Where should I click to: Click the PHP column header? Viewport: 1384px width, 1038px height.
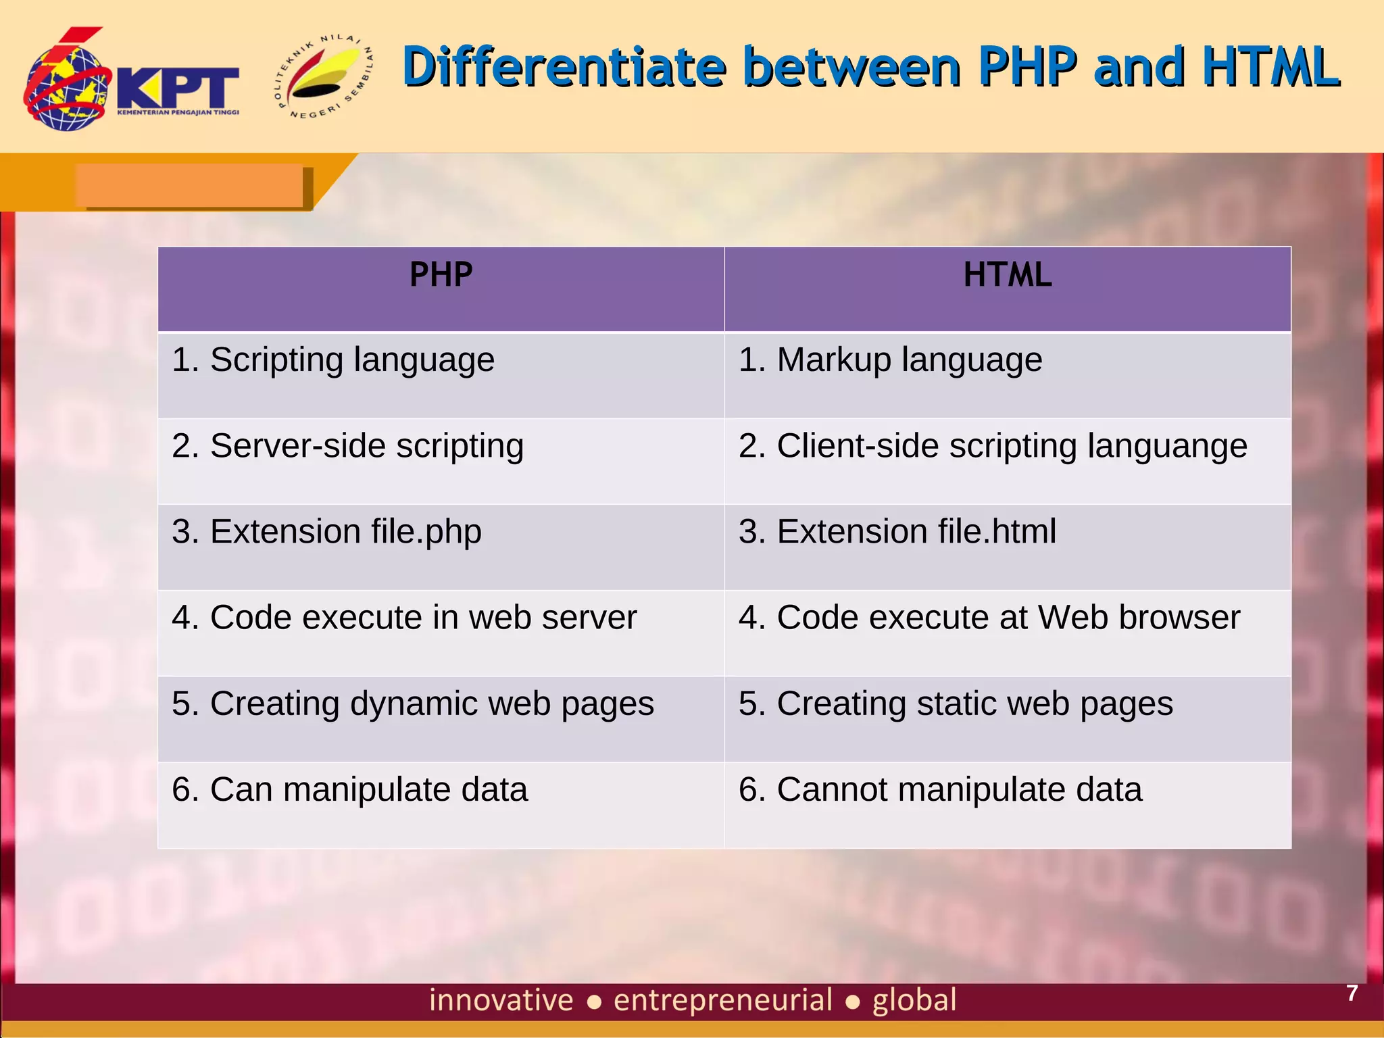441,275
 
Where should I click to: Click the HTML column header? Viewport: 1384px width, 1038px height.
1007,275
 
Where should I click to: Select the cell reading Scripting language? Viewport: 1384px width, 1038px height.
332,360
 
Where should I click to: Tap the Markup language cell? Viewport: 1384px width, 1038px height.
890,360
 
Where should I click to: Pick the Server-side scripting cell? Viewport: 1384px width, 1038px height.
347,446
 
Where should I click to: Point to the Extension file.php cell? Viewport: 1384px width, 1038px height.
326,532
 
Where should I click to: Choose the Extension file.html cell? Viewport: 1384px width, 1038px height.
897,532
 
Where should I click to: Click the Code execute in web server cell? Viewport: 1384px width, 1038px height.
403,618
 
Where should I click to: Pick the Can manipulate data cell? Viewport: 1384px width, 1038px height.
349,789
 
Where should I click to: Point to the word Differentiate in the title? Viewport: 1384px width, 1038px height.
564,67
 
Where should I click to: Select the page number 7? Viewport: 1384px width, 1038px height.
1352,993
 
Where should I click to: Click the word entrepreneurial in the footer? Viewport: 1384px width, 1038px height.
722,1000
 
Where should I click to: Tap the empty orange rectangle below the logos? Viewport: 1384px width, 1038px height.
189,184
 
